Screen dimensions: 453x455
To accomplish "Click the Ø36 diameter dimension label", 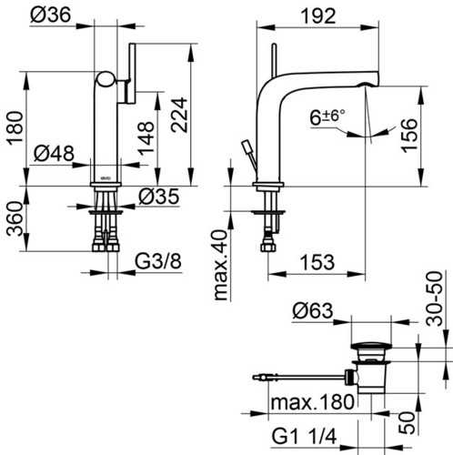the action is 51,15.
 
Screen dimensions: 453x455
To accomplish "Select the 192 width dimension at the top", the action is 318,15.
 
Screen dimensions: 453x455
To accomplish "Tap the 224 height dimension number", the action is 179,115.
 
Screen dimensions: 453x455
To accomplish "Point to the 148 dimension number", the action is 146,138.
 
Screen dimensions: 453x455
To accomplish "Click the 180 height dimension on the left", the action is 15,128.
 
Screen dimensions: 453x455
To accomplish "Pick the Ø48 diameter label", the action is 54,153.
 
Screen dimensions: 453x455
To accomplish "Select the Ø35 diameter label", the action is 158,197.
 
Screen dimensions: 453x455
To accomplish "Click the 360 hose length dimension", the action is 15,219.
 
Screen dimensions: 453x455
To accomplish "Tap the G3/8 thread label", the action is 158,261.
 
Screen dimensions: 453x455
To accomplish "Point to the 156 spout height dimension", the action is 408,136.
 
